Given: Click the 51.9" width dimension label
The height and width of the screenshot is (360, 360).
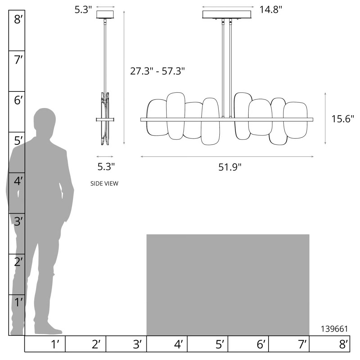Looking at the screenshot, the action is (x=230, y=167).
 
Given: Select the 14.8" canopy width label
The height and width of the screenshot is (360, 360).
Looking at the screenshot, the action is (x=271, y=9).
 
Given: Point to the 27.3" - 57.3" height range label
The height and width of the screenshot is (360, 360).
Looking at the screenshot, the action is (x=157, y=71).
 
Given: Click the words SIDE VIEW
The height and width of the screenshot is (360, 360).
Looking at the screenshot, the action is (x=104, y=184).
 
